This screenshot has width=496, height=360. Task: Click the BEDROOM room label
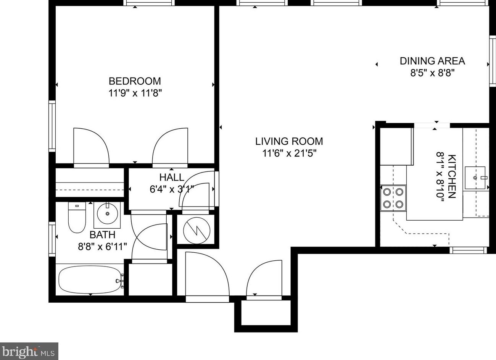click(135, 81)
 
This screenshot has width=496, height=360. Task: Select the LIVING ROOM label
click(289, 141)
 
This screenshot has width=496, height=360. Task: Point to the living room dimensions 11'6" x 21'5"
click(289, 153)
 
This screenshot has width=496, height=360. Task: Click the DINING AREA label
click(432, 61)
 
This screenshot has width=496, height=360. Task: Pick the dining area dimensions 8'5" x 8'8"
click(432, 73)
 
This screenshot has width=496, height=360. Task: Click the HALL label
click(172, 177)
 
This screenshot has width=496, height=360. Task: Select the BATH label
click(102, 234)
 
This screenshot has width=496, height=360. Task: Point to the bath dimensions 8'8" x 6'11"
click(102, 247)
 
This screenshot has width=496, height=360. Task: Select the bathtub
click(90, 280)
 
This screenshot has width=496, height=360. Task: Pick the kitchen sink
click(475, 178)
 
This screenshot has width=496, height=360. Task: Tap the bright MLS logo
click(29, 351)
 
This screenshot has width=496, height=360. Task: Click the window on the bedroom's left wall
click(52, 126)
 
